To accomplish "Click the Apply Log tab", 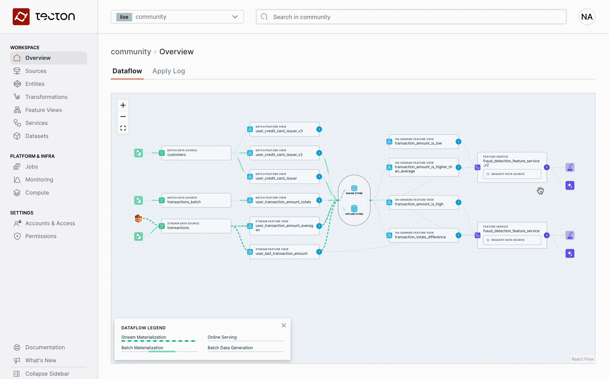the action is pos(169,71).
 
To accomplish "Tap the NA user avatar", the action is pos(587,17).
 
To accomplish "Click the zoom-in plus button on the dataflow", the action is pos(123,105).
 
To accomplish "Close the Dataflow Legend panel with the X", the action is pos(284,325).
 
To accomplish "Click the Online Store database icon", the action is pos(354,188).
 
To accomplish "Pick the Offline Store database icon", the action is pos(354,209).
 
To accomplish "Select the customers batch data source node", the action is pos(196,153).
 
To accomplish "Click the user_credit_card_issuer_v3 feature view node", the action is pos(284,129).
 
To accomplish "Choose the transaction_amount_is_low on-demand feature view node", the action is pos(424,141).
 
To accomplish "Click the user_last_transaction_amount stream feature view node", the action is pos(284,252).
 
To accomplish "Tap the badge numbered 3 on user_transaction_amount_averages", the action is pos(319,226).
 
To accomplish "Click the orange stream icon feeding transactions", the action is pos(138,218).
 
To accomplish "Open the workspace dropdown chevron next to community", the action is pos(235,17).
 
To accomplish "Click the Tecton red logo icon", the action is pos(21,17).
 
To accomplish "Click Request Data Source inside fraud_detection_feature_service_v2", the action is pos(512,174).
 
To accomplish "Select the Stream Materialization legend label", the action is pos(144,337).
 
